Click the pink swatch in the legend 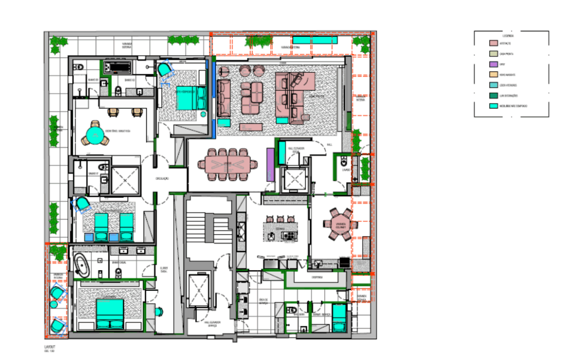(x=493, y=43)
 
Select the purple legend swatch (x=493, y=64)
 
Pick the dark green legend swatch (x=493, y=95)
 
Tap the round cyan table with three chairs (x=96, y=135)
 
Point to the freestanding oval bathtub (x=83, y=265)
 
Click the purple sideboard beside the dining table (x=270, y=163)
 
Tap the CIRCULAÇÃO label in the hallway (x=163, y=179)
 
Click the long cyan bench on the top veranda (x=314, y=40)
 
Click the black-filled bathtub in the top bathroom (x=117, y=68)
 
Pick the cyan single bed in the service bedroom (x=339, y=317)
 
